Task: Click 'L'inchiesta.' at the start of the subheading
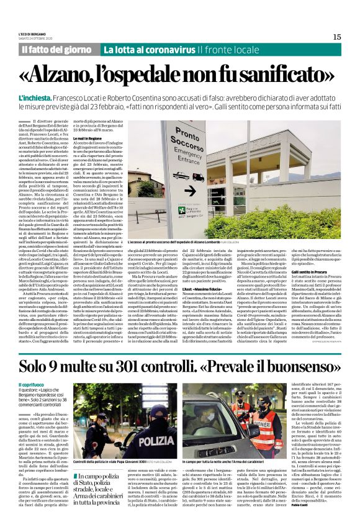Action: [x=35, y=99]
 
